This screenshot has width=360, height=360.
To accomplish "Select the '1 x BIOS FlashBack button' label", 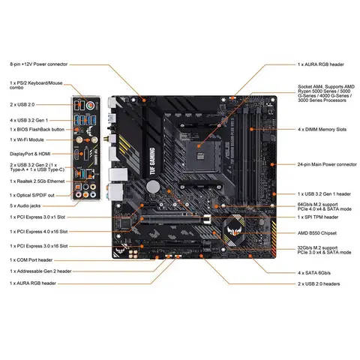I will tap(39, 129).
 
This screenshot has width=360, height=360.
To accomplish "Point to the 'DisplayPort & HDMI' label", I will tap(32, 153).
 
